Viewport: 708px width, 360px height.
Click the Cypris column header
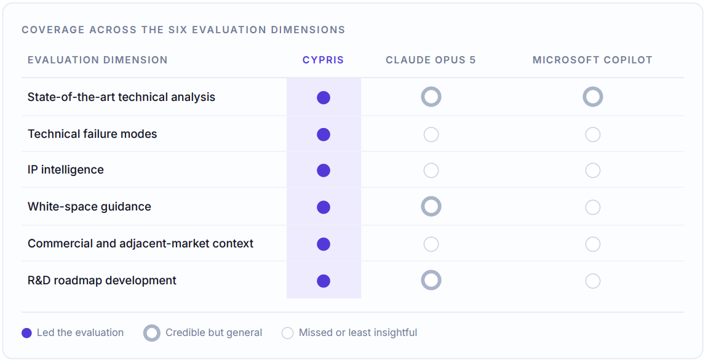pos(323,60)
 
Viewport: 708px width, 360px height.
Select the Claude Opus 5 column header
pos(431,60)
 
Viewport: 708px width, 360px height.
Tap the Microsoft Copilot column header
pos(592,60)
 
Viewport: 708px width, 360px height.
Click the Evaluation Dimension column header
pos(98,60)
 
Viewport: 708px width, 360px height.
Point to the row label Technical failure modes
pos(92,134)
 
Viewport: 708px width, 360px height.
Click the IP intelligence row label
pos(65,169)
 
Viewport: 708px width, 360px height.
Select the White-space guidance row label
pos(89,206)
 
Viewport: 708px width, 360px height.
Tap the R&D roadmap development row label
pos(101,280)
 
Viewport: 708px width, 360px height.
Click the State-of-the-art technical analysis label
pos(121,97)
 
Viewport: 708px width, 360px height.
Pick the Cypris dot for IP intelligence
pos(324,170)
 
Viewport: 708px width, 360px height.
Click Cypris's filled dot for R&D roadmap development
pos(324,281)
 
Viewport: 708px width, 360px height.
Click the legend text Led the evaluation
pos(80,332)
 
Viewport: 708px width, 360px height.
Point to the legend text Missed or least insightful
pos(357,332)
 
